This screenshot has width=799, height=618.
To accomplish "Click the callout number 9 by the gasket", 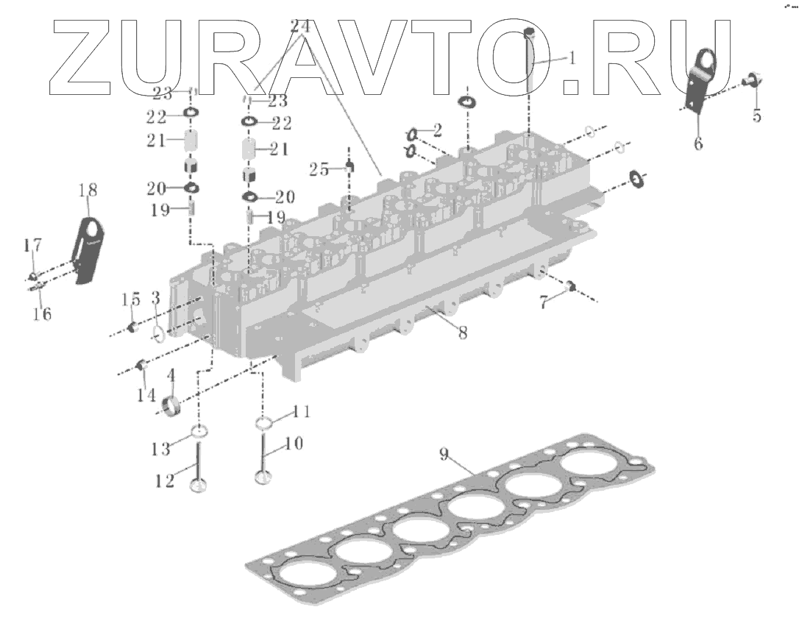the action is point(444,455).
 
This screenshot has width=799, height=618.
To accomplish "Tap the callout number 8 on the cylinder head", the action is point(462,332).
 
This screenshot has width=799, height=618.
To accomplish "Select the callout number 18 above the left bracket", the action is point(87,190).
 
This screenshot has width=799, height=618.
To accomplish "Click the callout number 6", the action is point(697,143).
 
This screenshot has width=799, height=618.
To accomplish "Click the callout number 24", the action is point(299,26).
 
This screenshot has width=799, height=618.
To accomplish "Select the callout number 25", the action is point(319,169).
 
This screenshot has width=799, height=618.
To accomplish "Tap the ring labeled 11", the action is point(263,423).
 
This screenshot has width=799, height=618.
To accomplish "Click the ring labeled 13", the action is point(199,431).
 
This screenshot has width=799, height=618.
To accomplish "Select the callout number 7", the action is point(544,302).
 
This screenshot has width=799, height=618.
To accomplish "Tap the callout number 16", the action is point(42,314).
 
